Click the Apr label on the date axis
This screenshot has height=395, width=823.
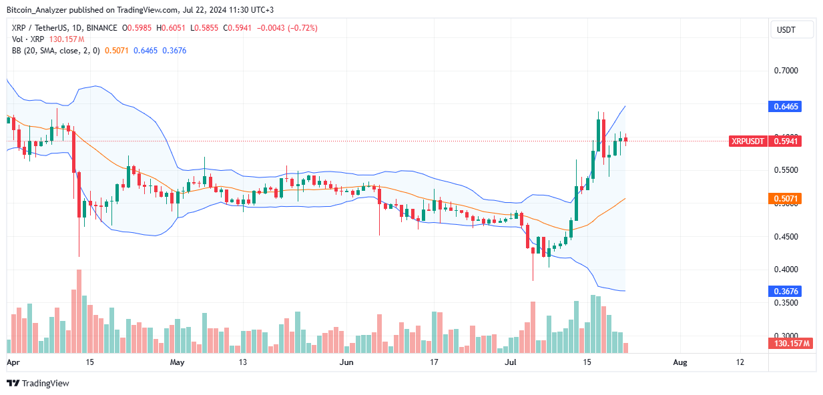tap(13, 362)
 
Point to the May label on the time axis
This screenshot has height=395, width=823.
tap(177, 362)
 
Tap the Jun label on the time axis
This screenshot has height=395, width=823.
tap(346, 362)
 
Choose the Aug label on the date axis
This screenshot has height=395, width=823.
tap(679, 362)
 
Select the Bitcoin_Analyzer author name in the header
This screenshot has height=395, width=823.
tap(37, 10)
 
